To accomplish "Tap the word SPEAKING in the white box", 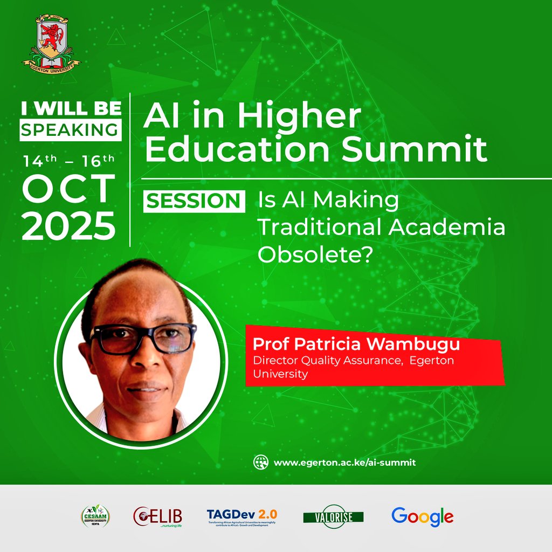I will (x=71, y=130).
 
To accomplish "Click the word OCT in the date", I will (x=69, y=189).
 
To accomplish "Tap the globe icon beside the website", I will (x=261, y=462).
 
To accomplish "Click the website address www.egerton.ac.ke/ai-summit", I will (x=345, y=463).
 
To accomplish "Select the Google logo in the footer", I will (x=423, y=516).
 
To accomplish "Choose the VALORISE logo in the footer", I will (x=333, y=517).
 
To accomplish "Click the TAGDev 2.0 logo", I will (x=242, y=516).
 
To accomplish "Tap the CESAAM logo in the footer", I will (x=95, y=516).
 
